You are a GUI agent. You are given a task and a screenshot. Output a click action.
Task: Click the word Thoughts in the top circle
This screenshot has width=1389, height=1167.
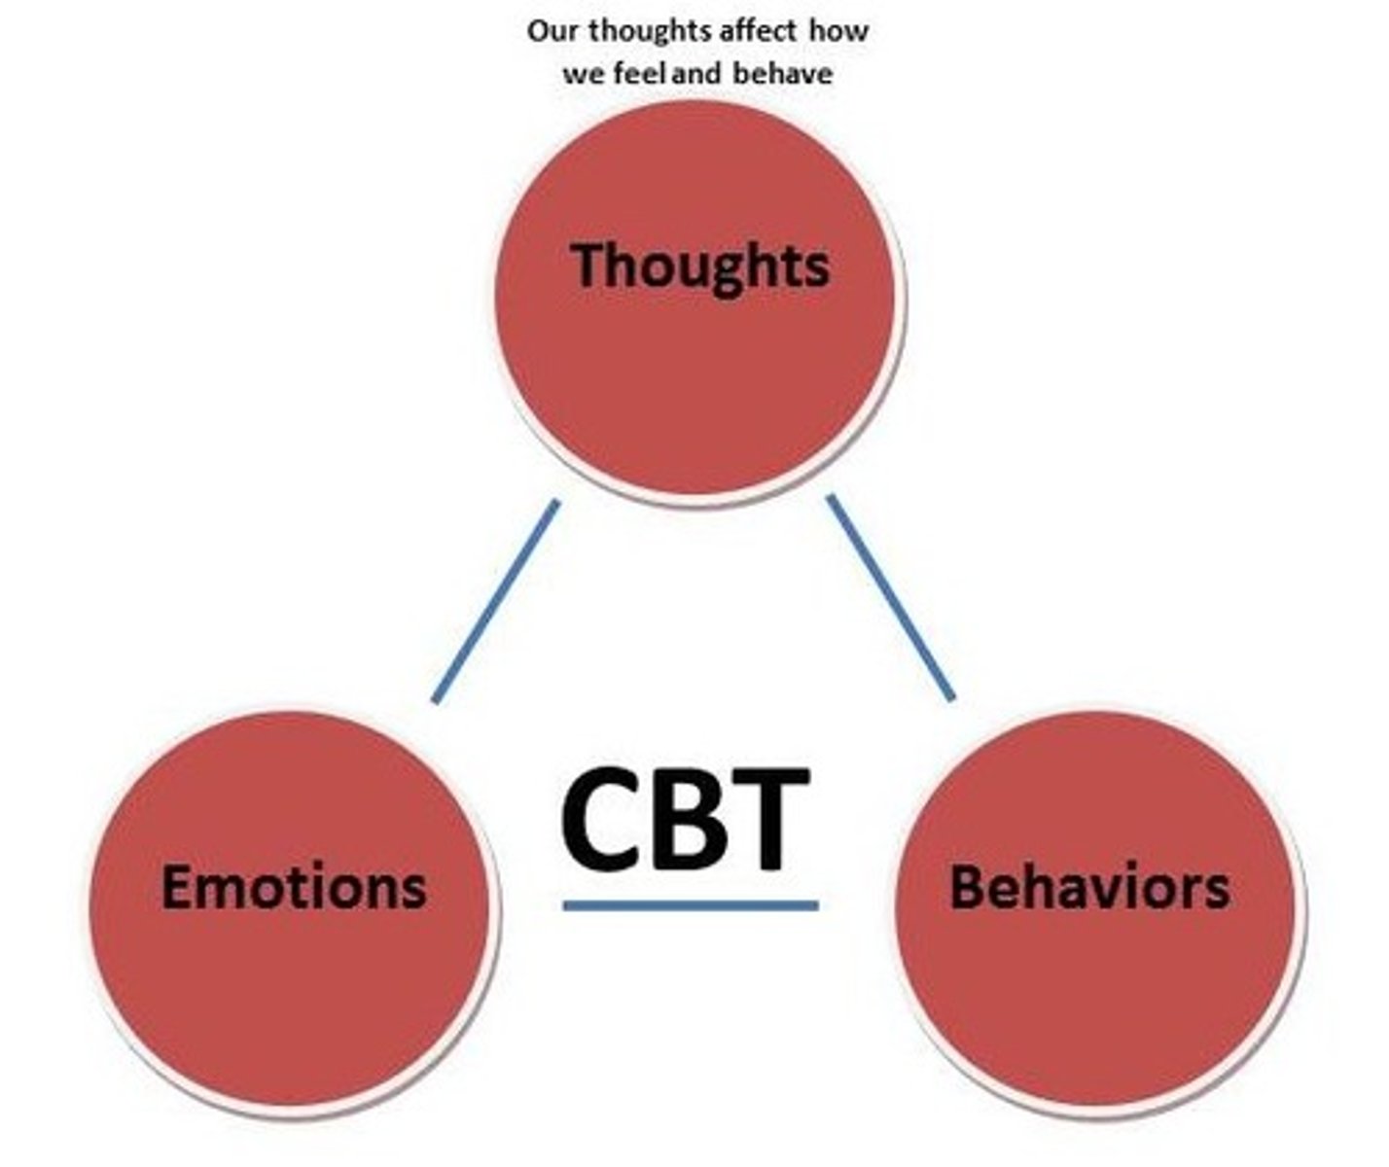tap(700, 265)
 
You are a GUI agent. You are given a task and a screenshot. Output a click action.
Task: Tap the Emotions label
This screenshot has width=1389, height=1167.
tap(294, 887)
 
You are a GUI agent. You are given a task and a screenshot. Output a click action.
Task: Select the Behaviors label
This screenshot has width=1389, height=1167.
tap(1089, 887)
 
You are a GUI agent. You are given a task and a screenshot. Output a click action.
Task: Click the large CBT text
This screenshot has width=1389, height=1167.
tap(687, 819)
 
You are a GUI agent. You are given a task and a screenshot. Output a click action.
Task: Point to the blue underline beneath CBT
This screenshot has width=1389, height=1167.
tap(691, 906)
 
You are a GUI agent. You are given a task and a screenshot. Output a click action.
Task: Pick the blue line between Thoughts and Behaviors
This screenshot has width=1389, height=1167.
tap(891, 597)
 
